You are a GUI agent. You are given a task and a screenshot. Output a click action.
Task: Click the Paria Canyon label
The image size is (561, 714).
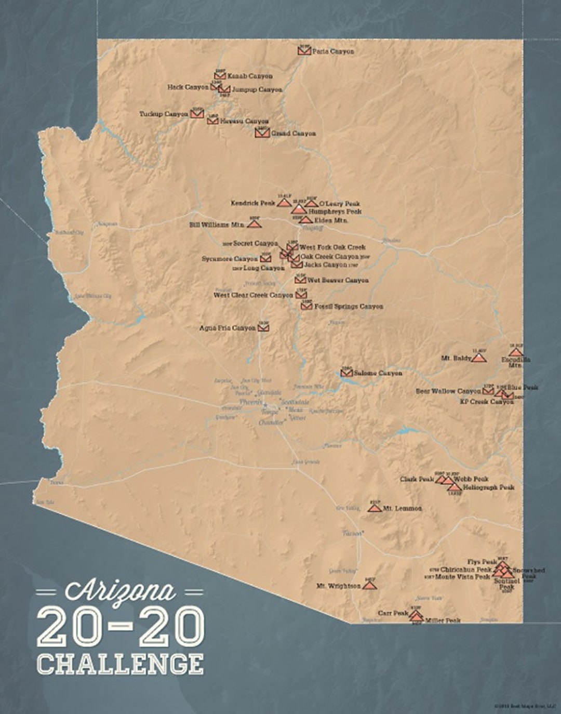click(333, 51)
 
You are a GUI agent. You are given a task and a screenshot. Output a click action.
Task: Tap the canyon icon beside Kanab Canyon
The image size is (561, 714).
click(220, 76)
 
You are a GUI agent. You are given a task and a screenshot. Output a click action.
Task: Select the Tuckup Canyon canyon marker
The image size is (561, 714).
click(197, 113)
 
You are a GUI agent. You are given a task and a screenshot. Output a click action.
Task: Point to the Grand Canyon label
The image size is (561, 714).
click(293, 134)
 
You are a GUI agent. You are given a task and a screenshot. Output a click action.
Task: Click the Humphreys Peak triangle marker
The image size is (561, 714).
click(299, 209)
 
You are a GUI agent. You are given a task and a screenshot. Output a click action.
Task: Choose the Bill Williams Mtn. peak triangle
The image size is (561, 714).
click(253, 224)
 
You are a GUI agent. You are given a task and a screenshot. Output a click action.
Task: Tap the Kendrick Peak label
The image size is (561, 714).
click(253, 203)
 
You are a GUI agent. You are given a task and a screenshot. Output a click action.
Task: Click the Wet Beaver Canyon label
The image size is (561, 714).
click(338, 280)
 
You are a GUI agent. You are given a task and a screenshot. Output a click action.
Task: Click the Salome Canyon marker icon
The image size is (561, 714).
click(346, 373)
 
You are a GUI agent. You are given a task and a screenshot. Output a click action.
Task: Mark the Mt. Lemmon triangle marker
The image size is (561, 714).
click(374, 508)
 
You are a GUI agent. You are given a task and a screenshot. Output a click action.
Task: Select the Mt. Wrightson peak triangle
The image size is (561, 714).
click(369, 585)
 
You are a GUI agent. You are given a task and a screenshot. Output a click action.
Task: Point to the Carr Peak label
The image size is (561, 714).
click(393, 613)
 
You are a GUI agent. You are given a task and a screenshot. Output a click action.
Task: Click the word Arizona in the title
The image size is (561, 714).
click(120, 591)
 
